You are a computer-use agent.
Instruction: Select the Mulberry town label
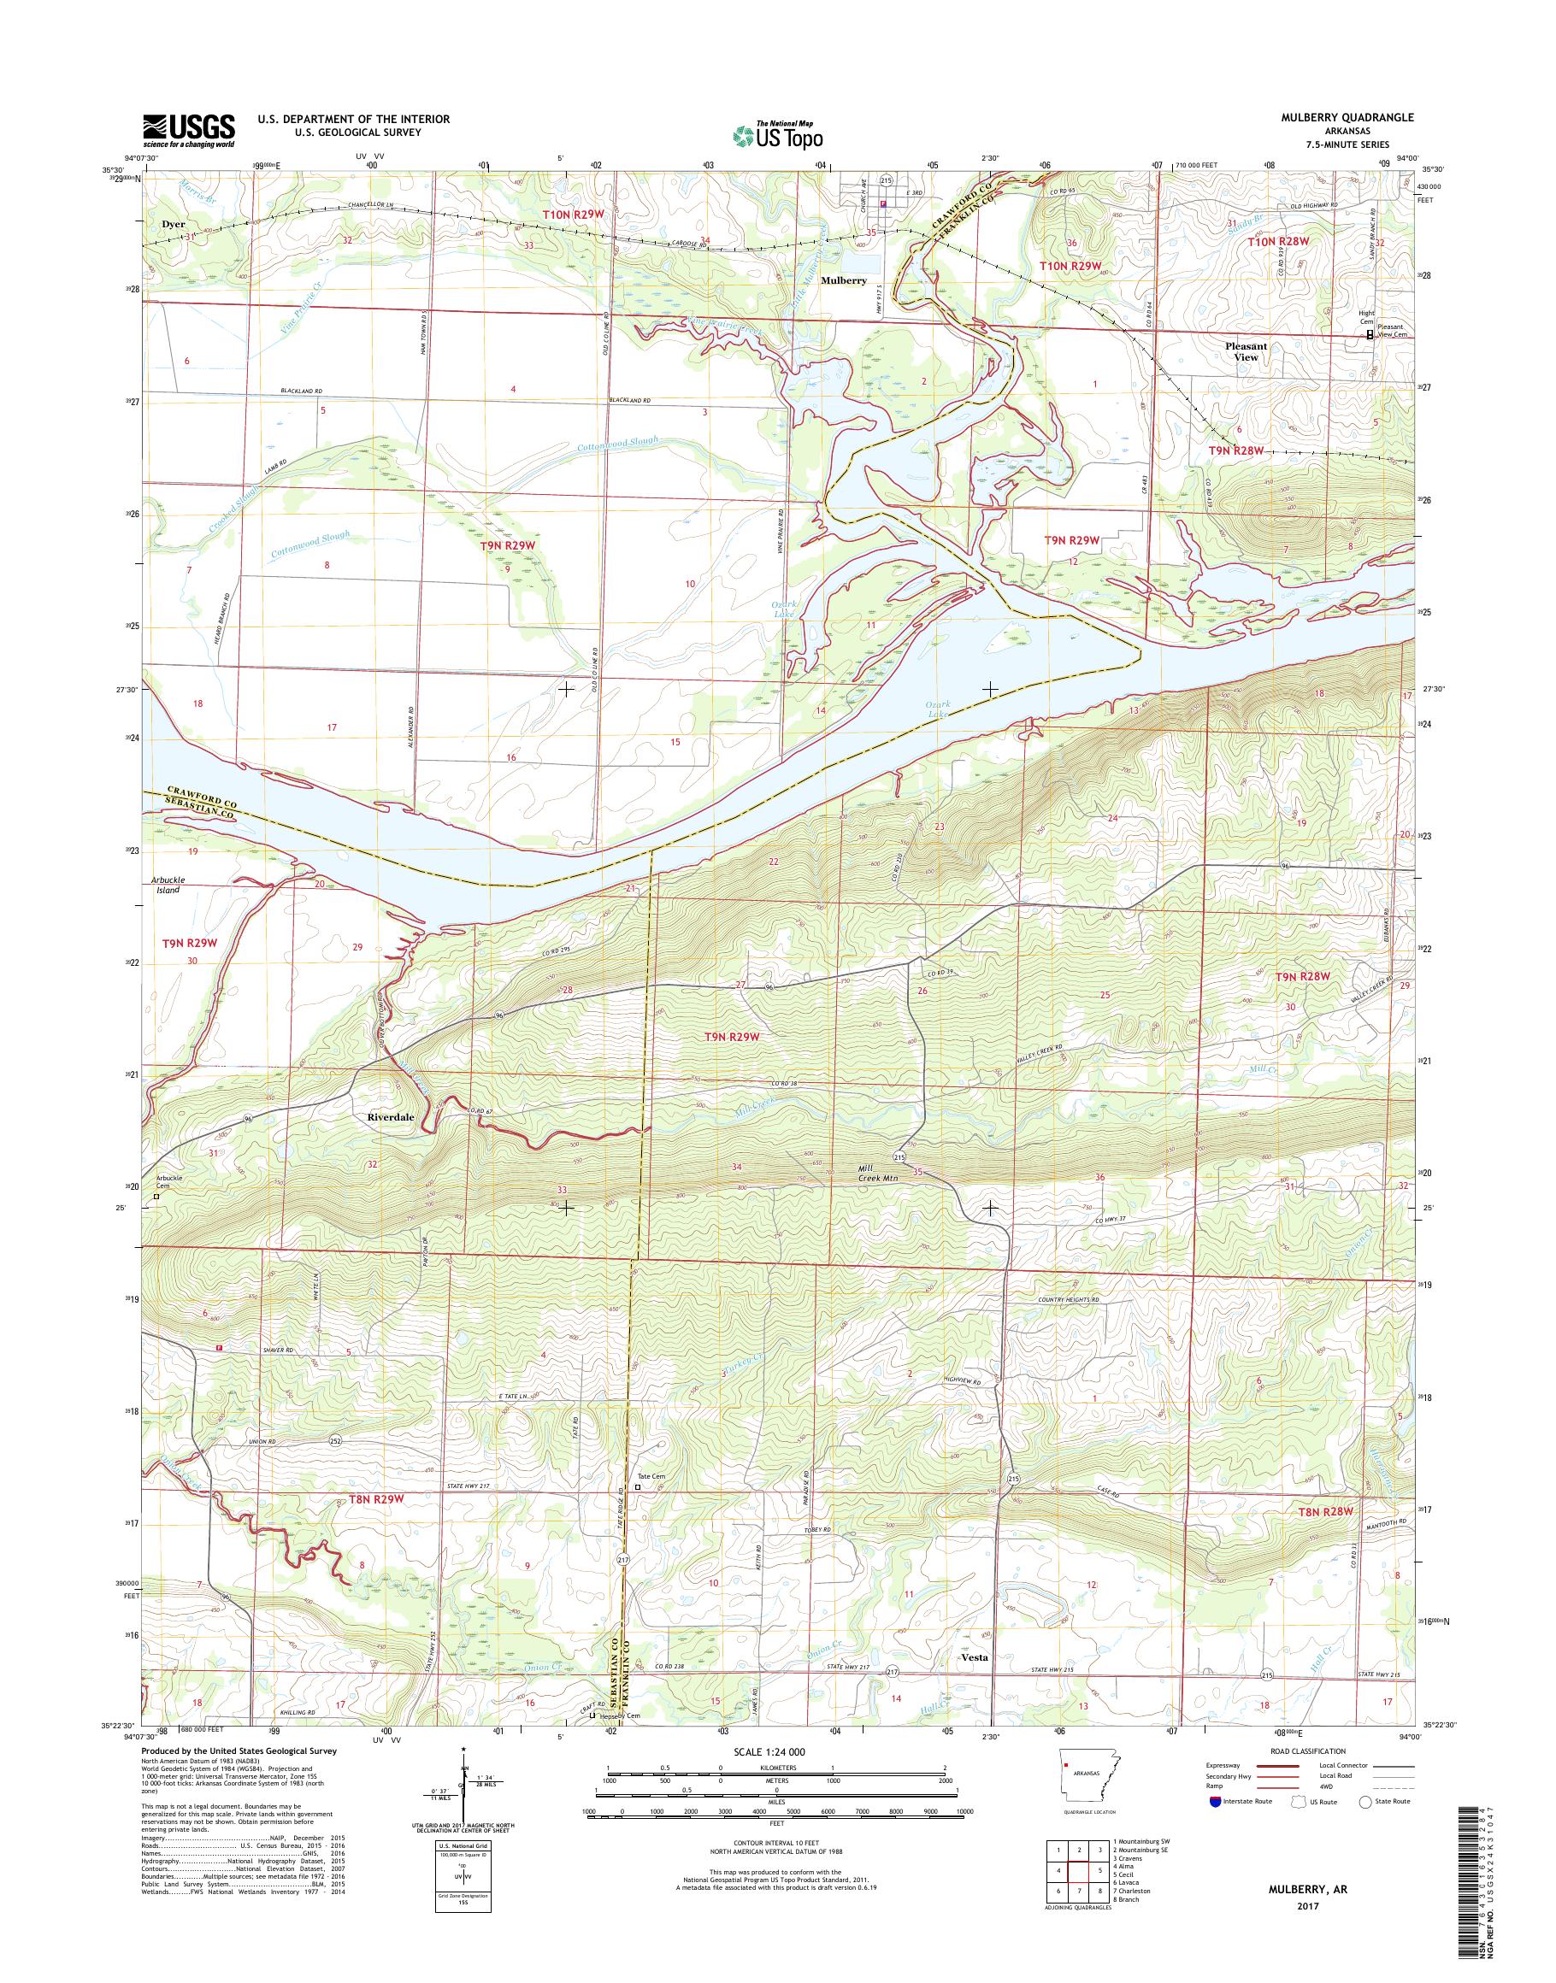pos(844,280)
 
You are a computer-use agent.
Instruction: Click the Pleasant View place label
pos(1246,351)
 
